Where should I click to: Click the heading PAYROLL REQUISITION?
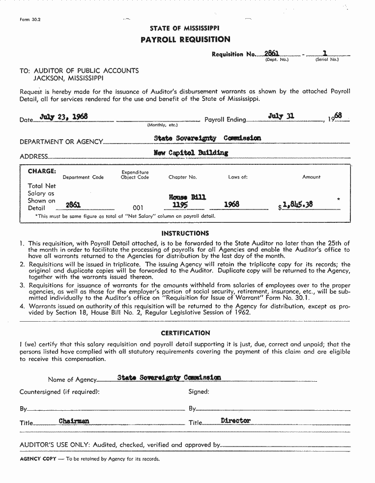click(185, 39)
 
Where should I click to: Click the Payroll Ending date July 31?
click(281, 116)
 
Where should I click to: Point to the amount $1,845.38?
click(297, 205)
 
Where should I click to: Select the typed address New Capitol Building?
click(191, 152)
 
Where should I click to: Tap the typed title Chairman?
click(74, 421)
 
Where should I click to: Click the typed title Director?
click(235, 421)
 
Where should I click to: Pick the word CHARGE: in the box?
click(42, 171)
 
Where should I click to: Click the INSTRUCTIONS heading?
click(185, 233)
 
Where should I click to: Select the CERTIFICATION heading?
click(185, 333)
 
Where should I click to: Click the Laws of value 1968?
click(231, 204)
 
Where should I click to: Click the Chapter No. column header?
click(182, 177)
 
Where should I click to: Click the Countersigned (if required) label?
click(59, 392)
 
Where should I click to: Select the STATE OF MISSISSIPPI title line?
click(185, 29)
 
